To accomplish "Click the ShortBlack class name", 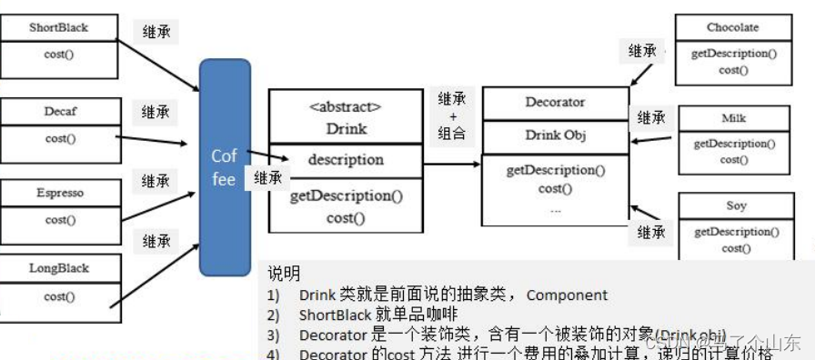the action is (x=58, y=27).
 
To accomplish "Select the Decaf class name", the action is (x=60, y=111).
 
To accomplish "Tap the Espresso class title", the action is (x=60, y=193).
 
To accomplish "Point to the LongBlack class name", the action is (x=59, y=269).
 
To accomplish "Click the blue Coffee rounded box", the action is (x=225, y=167).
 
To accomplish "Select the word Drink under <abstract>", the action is (x=346, y=128).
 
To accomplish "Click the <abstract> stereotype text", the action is (x=346, y=107).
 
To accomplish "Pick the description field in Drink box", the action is (x=346, y=159).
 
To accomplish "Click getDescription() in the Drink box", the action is (x=346, y=195).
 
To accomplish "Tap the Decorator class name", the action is (x=555, y=103).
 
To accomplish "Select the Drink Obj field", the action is (x=555, y=135).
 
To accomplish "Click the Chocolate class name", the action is (x=732, y=27).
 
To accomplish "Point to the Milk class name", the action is (x=734, y=119).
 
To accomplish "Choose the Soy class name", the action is (x=736, y=205).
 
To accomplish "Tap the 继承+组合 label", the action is (x=452, y=115).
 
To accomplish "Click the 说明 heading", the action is (x=284, y=273).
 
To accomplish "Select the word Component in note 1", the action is (x=568, y=295).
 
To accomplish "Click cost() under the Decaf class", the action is (x=60, y=139).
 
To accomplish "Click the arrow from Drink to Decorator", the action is (x=452, y=165).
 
